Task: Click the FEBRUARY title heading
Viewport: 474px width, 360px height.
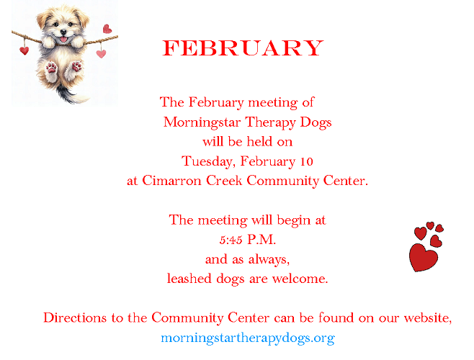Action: point(243,48)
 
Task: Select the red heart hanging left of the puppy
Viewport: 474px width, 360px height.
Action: point(24,50)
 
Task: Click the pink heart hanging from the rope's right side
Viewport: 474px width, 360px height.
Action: point(101,53)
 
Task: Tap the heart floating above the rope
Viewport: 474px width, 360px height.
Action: point(107,29)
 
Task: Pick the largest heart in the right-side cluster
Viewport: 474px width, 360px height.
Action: point(423,257)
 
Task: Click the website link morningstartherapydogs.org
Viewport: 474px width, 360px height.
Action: point(247,338)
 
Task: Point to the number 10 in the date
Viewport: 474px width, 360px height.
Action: point(305,161)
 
